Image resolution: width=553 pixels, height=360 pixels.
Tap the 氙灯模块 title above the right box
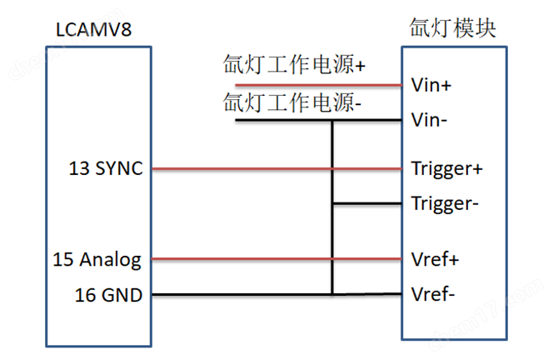click(453, 28)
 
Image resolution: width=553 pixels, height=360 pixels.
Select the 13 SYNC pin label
click(107, 169)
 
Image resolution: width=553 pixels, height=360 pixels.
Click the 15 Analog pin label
click(98, 259)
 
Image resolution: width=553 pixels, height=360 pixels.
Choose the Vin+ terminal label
click(431, 85)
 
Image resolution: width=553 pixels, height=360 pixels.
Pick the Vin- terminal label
click(430, 120)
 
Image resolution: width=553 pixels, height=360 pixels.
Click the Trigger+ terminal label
click(446, 169)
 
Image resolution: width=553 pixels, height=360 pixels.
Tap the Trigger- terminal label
click(445, 203)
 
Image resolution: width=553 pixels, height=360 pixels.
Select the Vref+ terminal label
click(435, 259)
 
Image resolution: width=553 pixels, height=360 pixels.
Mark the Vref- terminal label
click(433, 294)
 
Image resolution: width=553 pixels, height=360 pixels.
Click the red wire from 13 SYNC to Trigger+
click(275, 169)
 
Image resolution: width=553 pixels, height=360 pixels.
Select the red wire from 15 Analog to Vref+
click(275, 259)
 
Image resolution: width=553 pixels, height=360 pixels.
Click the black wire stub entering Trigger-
click(366, 203)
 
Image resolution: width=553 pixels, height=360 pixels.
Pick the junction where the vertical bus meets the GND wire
click(332, 294)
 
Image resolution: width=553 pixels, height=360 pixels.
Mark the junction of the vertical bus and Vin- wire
click(332, 121)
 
